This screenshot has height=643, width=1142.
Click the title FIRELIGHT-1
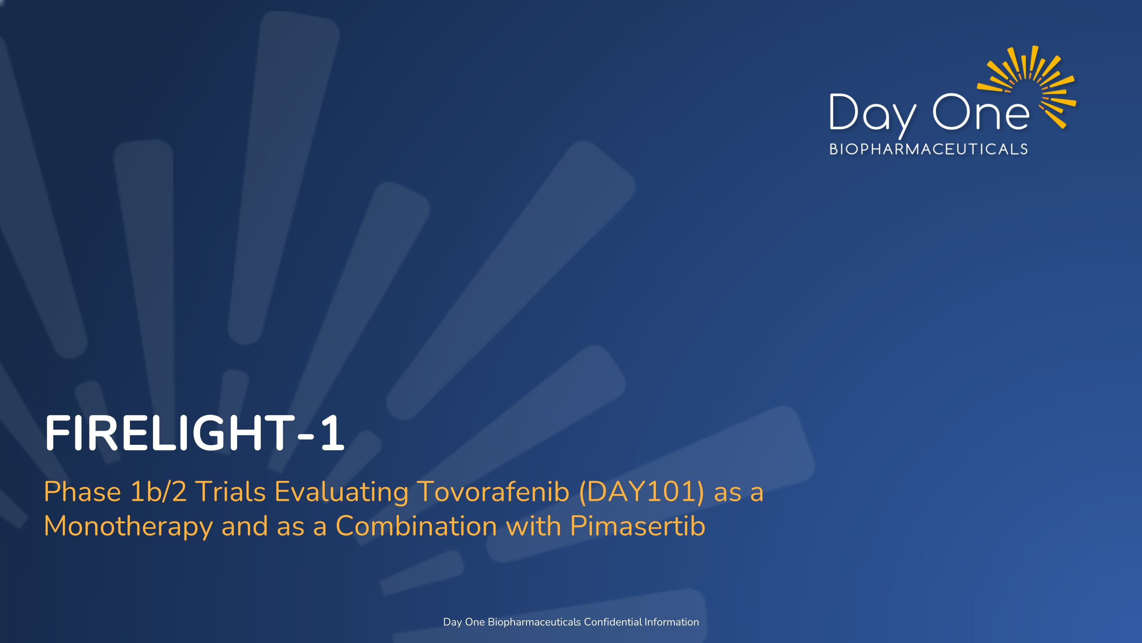[194, 433]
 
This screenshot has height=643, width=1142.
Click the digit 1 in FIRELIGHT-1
[332, 433]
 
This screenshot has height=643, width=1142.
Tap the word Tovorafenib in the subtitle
[493, 492]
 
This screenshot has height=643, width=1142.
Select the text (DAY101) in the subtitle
[641, 492]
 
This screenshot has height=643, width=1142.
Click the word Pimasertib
[637, 526]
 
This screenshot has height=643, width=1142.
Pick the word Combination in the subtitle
[416, 526]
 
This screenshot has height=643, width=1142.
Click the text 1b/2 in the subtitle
[158, 492]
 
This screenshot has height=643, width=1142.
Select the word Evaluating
[341, 492]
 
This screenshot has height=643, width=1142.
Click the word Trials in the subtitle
[231, 492]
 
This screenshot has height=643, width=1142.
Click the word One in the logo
[981, 112]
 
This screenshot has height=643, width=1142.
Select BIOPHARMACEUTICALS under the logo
[928, 149]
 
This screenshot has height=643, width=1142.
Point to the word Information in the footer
[671, 622]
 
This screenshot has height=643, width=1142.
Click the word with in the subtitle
[533, 526]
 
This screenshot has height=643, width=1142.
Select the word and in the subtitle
[244, 526]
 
